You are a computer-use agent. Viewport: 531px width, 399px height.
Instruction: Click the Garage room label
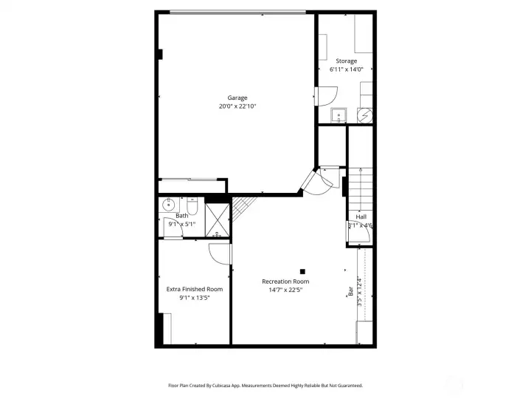click(x=237, y=98)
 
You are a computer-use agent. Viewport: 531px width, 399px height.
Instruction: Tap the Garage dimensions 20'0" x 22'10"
click(x=237, y=106)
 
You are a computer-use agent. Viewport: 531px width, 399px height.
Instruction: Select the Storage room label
click(x=346, y=61)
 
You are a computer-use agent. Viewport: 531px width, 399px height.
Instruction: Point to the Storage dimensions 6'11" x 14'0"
click(x=346, y=69)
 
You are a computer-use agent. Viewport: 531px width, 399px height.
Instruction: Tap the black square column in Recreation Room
click(x=302, y=271)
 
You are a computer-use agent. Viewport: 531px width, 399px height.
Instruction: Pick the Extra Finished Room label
click(x=194, y=289)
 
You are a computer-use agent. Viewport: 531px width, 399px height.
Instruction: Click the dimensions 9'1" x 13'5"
click(x=194, y=298)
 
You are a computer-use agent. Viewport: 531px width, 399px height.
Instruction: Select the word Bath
click(x=181, y=216)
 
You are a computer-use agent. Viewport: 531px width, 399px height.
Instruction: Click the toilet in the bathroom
click(x=191, y=205)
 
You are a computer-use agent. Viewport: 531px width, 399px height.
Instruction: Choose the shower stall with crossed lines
click(x=217, y=219)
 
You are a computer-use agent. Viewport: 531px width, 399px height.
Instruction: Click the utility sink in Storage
click(x=339, y=115)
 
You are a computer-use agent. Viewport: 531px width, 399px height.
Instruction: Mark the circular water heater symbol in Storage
click(x=364, y=115)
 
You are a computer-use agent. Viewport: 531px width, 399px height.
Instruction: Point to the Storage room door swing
click(x=326, y=96)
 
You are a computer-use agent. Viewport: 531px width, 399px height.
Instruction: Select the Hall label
click(x=361, y=216)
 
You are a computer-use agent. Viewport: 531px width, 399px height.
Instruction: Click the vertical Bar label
click(x=350, y=292)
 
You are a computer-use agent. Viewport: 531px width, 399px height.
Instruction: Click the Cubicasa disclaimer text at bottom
click(x=265, y=385)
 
